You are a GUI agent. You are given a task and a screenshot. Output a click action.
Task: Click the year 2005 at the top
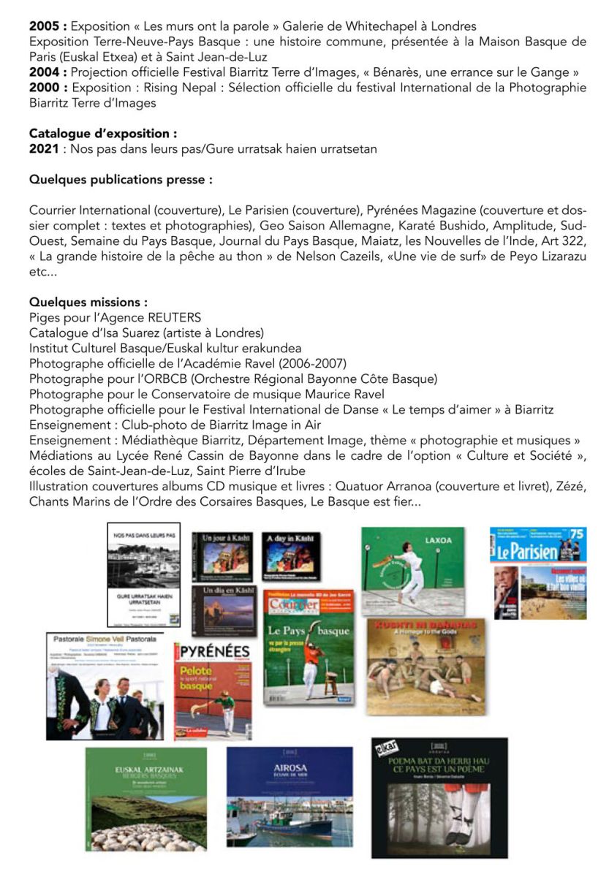click(42, 26)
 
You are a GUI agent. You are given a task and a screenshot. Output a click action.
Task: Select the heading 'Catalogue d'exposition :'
click(102, 134)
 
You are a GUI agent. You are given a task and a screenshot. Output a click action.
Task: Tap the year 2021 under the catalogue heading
click(42, 148)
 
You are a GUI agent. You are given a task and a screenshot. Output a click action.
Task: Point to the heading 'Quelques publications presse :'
click(121, 180)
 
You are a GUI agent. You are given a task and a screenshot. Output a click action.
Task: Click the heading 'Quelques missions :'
click(88, 302)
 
